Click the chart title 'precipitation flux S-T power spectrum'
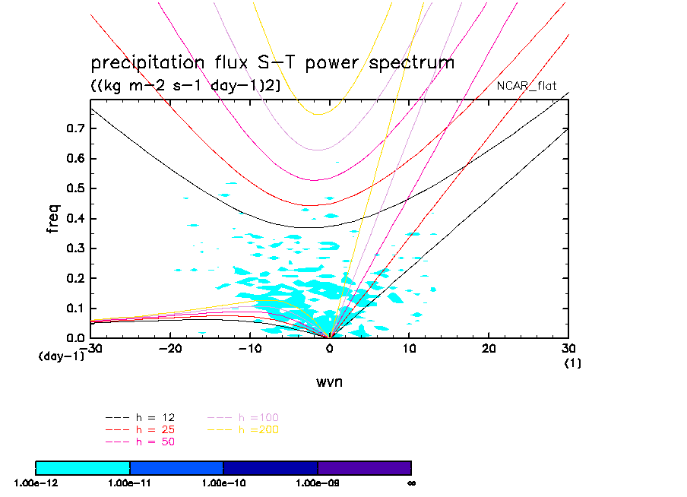pos(272,62)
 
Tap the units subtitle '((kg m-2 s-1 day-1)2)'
pos(186,86)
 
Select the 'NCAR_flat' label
pos(527,86)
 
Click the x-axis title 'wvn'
pos(330,381)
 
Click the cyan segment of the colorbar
pos(83,467)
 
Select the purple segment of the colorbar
pos(364,467)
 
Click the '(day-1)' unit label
pos(61,356)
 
